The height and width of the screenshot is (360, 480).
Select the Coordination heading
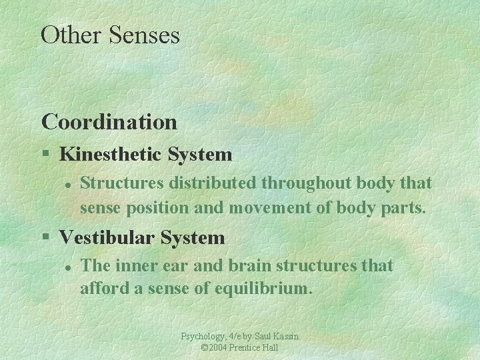point(109,122)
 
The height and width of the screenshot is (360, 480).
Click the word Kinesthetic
point(111,155)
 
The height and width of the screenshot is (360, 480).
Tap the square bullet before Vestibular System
point(45,237)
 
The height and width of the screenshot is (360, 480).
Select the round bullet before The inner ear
point(67,267)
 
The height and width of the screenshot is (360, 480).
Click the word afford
point(103,290)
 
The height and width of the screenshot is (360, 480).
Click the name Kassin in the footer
point(285,337)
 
